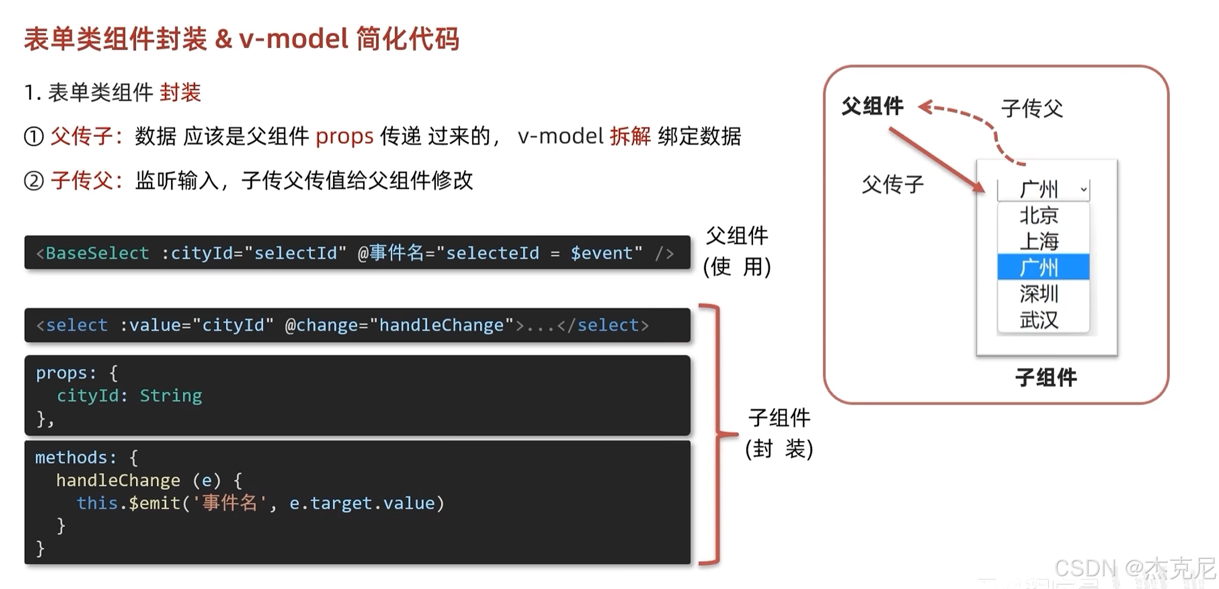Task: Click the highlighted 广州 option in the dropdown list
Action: [x=1043, y=268]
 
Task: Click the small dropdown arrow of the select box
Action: [x=1083, y=189]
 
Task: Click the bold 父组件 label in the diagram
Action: [x=872, y=106]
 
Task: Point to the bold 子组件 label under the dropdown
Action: [x=1046, y=378]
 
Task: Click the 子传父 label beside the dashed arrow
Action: [x=1032, y=109]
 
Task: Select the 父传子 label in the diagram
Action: [x=892, y=185]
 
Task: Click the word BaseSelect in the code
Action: [x=97, y=253]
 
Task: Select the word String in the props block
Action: [x=171, y=396]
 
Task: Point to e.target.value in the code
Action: [x=361, y=503]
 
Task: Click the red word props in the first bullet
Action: [x=344, y=136]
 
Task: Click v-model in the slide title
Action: [x=293, y=39]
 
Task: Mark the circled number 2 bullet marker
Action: [x=34, y=181]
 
